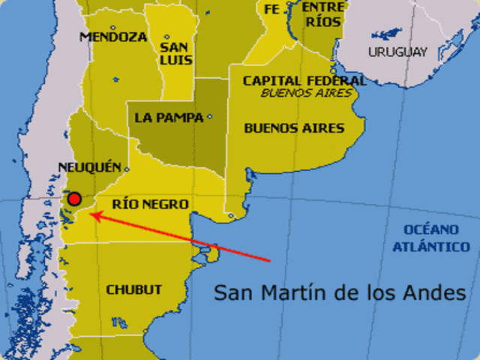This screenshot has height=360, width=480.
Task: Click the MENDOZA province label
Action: [x=113, y=36]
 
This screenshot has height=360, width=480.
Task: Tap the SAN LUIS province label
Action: [x=176, y=52]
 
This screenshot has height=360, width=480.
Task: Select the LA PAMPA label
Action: [x=169, y=118]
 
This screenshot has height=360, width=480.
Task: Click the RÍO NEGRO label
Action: [x=149, y=204]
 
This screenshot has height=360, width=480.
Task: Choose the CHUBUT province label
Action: [x=133, y=289]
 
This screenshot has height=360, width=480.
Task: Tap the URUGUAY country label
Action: [x=397, y=52]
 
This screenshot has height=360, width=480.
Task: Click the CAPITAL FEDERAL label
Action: [x=304, y=80]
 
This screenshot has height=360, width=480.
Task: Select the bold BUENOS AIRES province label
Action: [x=294, y=128]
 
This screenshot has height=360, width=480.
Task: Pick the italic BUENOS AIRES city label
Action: [x=306, y=93]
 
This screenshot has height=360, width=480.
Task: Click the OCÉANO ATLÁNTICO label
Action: [x=436, y=237]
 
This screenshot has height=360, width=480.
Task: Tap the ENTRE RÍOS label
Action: [x=323, y=14]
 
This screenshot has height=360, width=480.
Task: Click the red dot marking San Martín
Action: [x=74, y=199]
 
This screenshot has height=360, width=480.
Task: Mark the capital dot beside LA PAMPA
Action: [x=209, y=116]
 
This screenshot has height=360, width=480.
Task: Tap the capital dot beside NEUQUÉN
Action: [x=126, y=168]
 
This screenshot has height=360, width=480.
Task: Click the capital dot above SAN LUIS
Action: [x=166, y=36]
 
